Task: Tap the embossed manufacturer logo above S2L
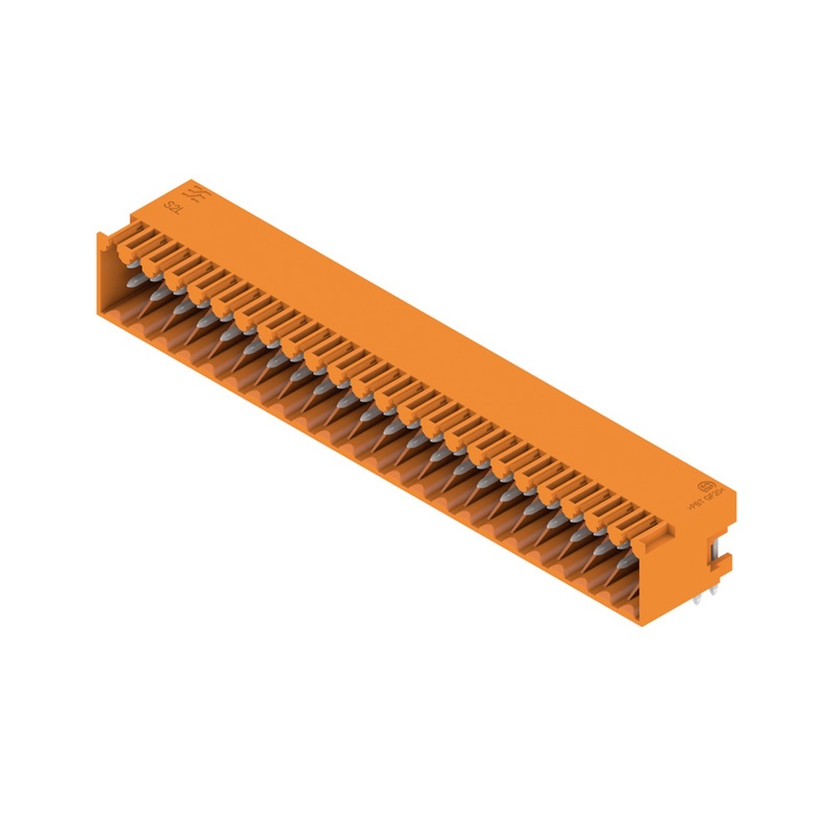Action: coord(199,195)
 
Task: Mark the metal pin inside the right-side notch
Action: coord(716,549)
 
